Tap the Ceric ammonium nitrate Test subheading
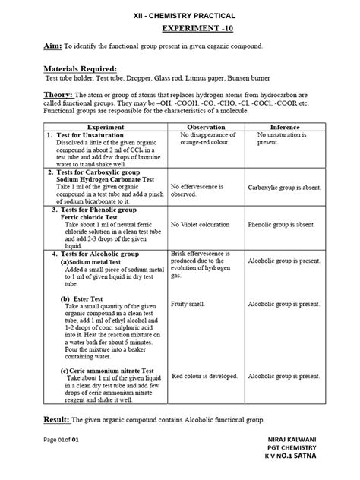(107, 370)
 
